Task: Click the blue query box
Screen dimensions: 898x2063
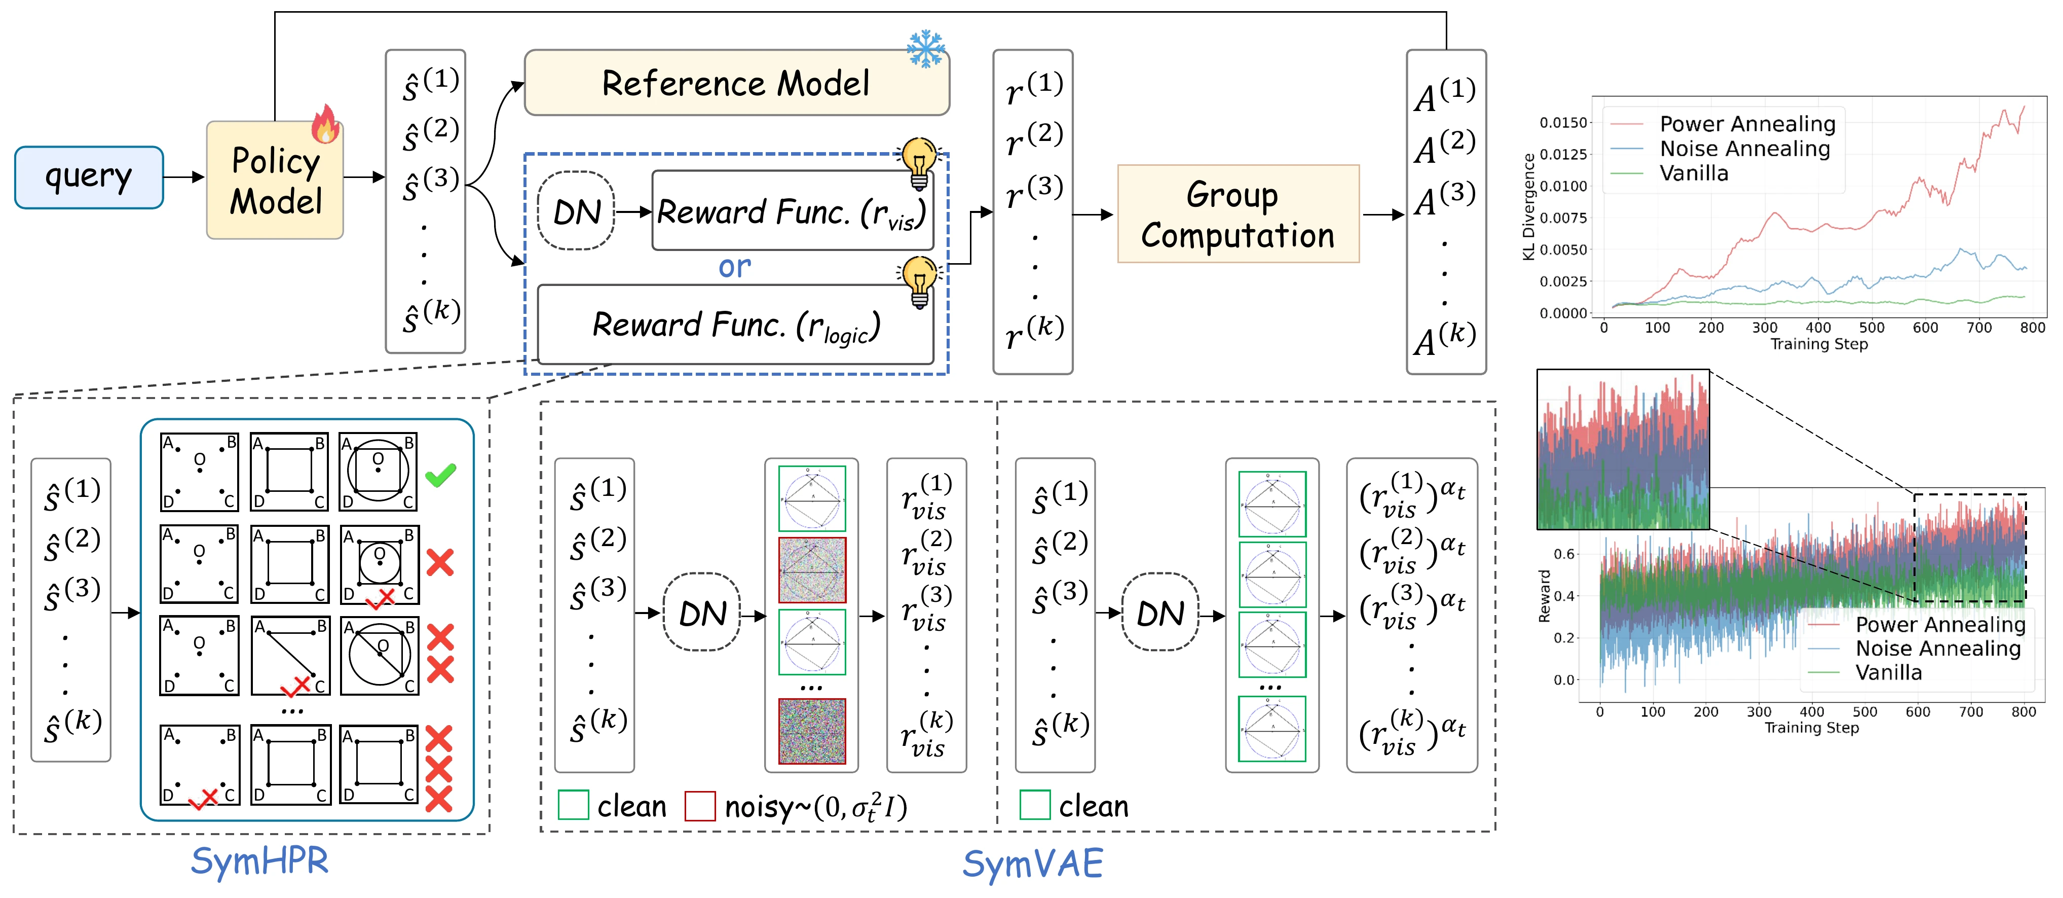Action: tap(89, 177)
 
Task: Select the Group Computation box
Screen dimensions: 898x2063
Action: tap(1237, 214)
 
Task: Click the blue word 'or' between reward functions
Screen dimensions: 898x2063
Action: tap(734, 267)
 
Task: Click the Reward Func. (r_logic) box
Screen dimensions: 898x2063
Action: tap(735, 325)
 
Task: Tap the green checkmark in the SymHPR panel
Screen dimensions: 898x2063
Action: tap(440, 475)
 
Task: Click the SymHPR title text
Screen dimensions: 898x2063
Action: tap(259, 861)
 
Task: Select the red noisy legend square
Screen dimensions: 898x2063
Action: tap(699, 806)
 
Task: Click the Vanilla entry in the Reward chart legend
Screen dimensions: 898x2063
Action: tap(1888, 673)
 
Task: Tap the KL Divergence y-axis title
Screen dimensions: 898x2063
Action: tap(1528, 207)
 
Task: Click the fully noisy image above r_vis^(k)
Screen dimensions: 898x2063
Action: tap(811, 731)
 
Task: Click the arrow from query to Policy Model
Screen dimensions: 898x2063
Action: tap(184, 177)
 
